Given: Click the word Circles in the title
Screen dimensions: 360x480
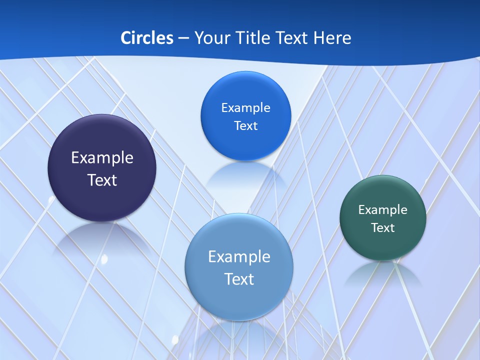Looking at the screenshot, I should coord(147,38).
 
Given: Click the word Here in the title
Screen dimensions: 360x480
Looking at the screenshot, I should coord(332,38).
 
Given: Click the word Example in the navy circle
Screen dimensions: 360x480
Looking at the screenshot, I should coord(102,158).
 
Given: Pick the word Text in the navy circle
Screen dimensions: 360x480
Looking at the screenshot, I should coord(102,180).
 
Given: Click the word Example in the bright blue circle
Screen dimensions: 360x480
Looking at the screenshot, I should coord(245,108).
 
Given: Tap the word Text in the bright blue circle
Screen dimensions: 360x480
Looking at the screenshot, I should coord(245,125).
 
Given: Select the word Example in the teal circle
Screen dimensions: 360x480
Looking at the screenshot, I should coord(383,210).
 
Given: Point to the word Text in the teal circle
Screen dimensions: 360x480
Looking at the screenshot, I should coord(383,228).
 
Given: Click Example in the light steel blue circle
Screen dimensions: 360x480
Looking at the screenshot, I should coord(239,257).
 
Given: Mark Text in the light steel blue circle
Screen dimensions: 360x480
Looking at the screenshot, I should coord(239,279).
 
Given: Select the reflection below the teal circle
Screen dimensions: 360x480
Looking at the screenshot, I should coord(383,272).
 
